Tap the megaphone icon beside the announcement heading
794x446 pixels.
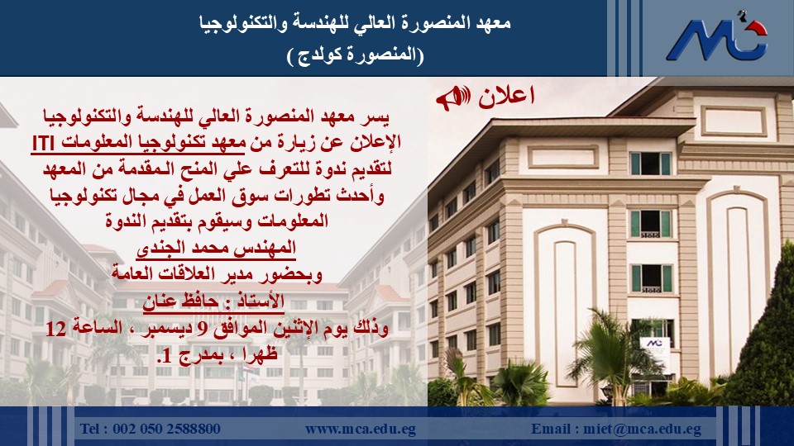tap(453, 97)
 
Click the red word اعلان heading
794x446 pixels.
tap(506, 96)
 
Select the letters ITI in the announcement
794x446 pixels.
tap(43, 144)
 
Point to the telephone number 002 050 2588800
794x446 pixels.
tap(166, 429)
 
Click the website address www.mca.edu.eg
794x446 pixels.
tap(360, 429)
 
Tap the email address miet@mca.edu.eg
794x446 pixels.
tap(642, 429)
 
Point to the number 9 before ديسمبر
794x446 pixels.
tap(201, 330)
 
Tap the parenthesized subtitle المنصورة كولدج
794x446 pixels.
tap(355, 55)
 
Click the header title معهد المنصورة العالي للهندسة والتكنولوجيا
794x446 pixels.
tap(355, 23)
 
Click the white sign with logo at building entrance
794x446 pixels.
tap(655, 353)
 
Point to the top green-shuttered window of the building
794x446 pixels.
tap(650, 164)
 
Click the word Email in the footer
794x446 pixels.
tap(552, 429)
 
